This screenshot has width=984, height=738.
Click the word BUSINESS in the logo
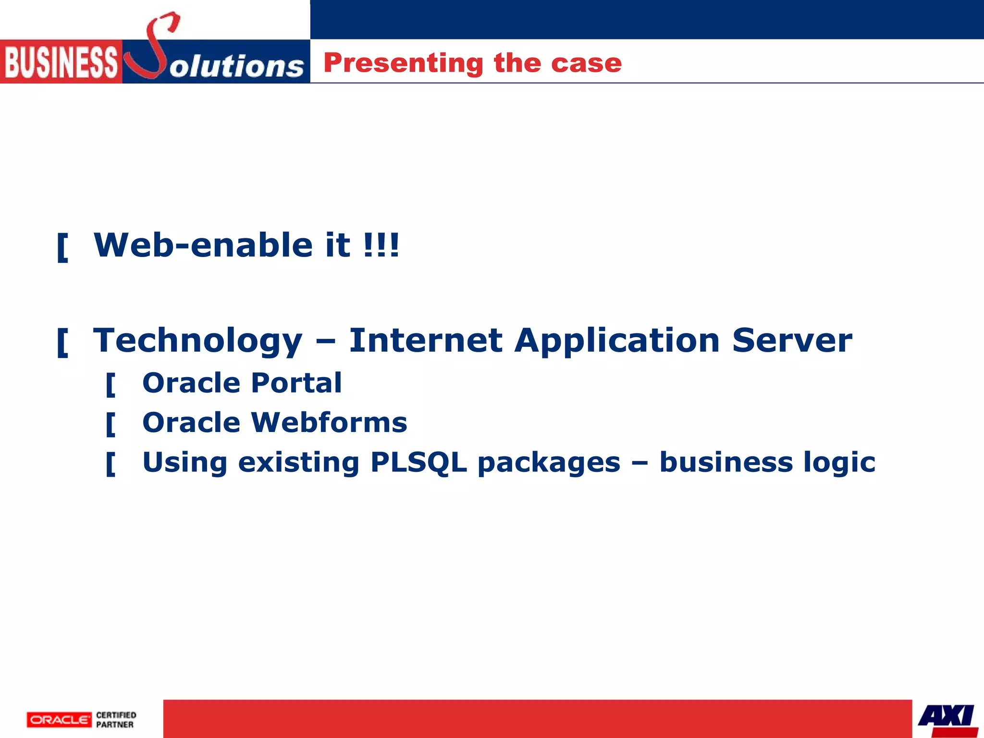click(x=61, y=62)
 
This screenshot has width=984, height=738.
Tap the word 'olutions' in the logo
click(x=236, y=66)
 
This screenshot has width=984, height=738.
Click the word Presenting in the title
click(x=403, y=63)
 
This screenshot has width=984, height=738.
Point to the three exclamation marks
click(x=381, y=245)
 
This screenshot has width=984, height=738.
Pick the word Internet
click(x=425, y=340)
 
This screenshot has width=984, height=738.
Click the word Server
click(x=792, y=340)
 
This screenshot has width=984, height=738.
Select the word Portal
click(x=296, y=383)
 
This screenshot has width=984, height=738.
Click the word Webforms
click(x=329, y=422)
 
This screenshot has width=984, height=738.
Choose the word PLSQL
click(x=418, y=463)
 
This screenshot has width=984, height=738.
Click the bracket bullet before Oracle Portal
click(x=111, y=384)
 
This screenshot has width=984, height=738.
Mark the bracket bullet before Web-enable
click(x=62, y=247)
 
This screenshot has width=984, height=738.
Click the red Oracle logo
click(x=59, y=719)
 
